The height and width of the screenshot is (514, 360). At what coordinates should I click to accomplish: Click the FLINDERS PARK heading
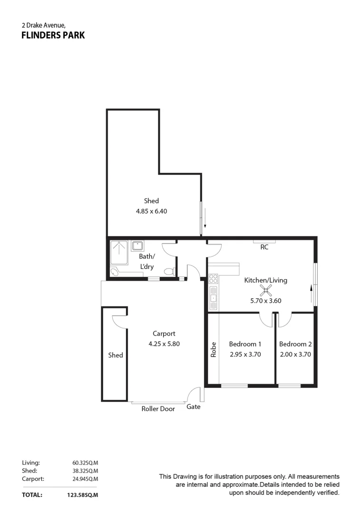point(53,35)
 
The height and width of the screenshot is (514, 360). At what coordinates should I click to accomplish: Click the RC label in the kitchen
point(264,247)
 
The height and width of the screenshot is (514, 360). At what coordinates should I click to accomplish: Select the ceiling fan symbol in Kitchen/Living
point(265,291)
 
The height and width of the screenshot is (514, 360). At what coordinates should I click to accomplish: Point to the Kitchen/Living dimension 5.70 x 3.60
point(266,301)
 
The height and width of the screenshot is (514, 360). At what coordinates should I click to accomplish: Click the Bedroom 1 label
point(245,344)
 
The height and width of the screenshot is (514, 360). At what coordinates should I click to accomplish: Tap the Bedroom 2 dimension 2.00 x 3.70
point(295,354)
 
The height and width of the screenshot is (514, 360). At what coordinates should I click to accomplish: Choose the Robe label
point(214,350)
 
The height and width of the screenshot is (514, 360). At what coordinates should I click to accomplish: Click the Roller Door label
point(158,409)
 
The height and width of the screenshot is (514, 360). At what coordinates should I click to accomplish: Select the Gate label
point(193,407)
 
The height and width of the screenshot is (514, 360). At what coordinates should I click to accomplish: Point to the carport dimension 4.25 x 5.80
point(164,344)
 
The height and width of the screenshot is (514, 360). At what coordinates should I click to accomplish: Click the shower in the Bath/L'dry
point(119,253)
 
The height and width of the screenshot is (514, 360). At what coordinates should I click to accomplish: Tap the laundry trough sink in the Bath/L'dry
point(138,246)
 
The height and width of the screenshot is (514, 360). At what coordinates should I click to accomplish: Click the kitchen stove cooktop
point(213,278)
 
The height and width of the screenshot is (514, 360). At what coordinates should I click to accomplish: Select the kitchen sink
point(213,299)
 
